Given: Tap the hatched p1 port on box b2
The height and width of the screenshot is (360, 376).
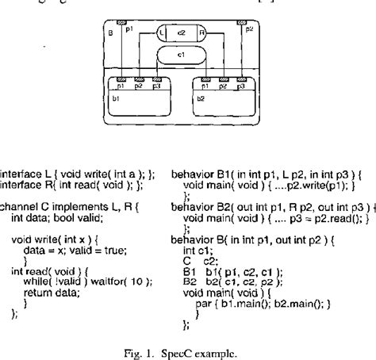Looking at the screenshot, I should [x=207, y=79].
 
